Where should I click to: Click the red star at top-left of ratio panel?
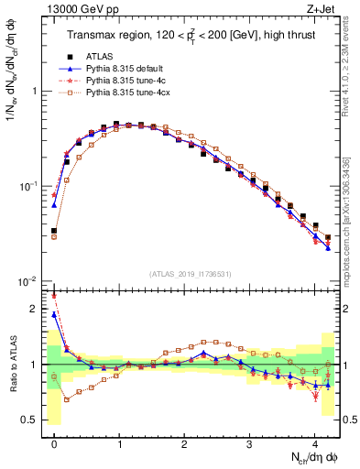tap(54, 296)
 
